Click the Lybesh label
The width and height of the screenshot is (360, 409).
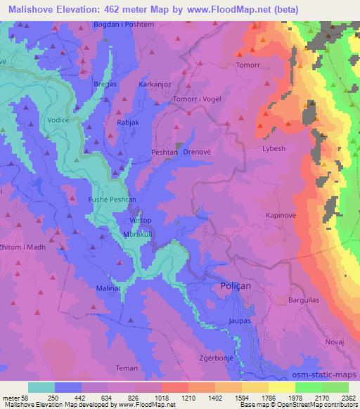[273, 149]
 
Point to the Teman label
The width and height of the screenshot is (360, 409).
[127, 368]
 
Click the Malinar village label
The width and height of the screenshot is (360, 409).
[109, 288]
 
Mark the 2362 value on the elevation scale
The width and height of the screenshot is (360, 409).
[347, 397]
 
